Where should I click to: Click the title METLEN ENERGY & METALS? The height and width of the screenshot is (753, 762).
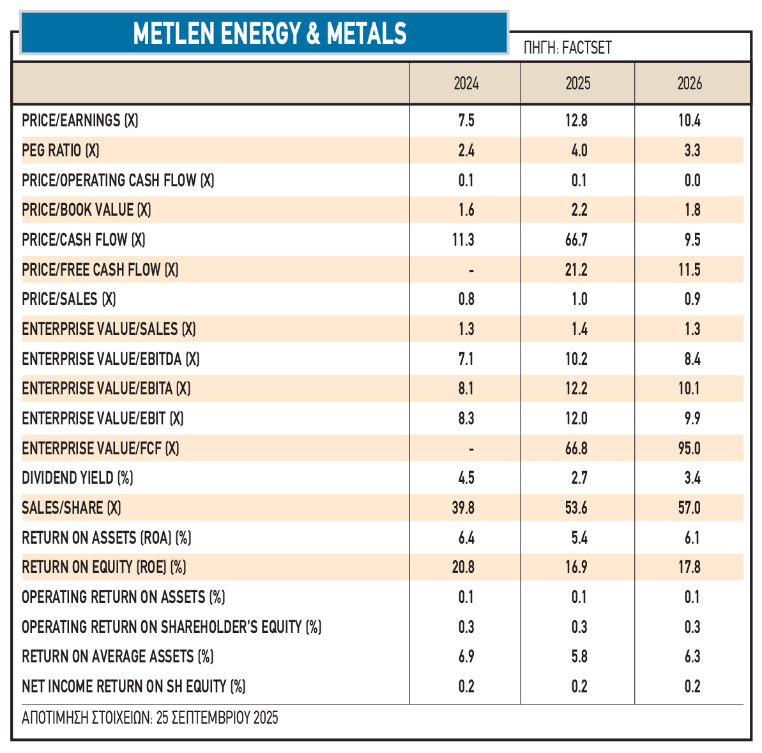click(x=270, y=33)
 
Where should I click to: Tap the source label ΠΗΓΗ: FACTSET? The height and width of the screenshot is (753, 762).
click(x=567, y=48)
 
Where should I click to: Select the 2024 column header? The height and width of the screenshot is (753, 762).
click(x=466, y=84)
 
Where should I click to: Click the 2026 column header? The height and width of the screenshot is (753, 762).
click(x=689, y=84)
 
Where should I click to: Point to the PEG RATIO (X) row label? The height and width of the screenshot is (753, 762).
click(x=61, y=151)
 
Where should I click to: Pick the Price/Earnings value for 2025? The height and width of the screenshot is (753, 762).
click(x=576, y=121)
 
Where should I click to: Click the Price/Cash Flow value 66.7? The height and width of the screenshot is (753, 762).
click(x=576, y=240)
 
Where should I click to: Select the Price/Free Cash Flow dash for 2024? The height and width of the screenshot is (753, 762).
click(x=471, y=271)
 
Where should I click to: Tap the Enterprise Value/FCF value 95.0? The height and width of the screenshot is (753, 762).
click(x=689, y=449)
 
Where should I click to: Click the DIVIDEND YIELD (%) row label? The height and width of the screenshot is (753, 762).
click(x=77, y=478)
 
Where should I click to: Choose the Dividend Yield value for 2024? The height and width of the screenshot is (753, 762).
click(x=466, y=478)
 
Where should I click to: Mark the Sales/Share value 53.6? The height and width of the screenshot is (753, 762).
click(x=576, y=508)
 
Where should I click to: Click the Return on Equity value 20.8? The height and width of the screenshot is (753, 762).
click(x=463, y=567)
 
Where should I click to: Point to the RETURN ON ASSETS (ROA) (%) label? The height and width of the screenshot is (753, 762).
click(x=107, y=538)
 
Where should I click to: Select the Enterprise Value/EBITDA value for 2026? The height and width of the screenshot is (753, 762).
click(x=692, y=359)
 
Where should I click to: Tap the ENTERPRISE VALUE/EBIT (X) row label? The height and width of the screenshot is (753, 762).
click(x=103, y=419)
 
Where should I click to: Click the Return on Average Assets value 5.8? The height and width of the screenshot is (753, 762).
click(x=579, y=657)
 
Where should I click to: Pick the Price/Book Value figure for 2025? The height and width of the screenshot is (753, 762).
click(x=579, y=210)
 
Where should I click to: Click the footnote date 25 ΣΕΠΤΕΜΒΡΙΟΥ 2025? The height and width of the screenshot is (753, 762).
click(x=217, y=718)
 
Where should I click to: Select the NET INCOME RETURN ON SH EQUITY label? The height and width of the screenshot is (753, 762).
click(x=133, y=687)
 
